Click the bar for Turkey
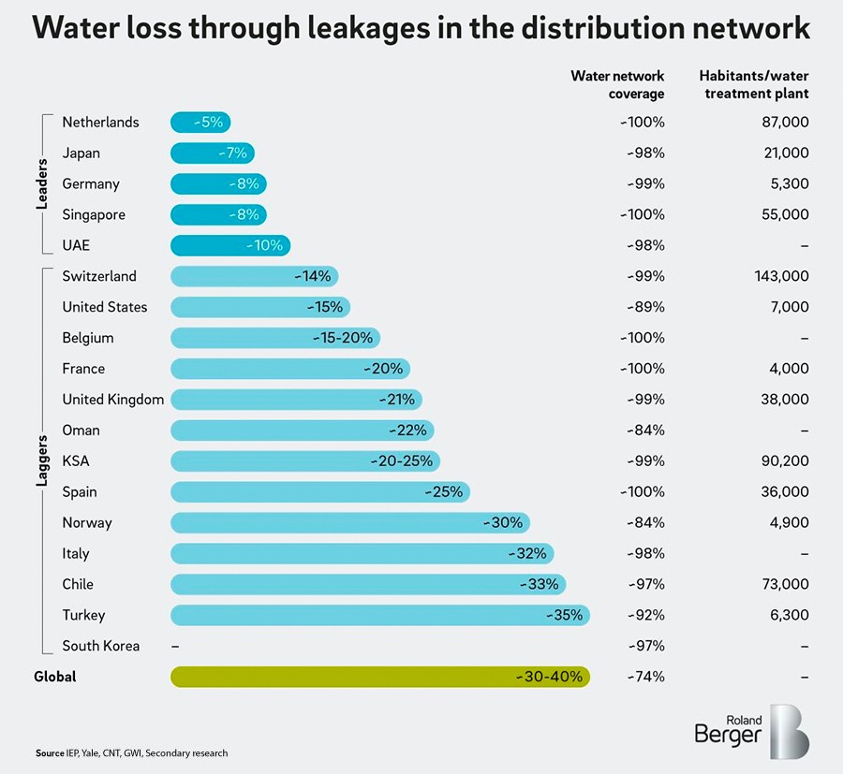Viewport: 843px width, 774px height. click(x=379, y=615)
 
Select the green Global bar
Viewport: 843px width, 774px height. click(x=379, y=677)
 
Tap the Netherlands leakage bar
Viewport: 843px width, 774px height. click(x=200, y=122)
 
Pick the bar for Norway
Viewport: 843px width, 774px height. click(x=350, y=522)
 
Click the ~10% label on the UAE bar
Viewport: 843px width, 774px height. click(x=267, y=245)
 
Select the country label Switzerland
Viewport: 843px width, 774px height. click(x=99, y=276)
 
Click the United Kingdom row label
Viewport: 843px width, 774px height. click(x=112, y=400)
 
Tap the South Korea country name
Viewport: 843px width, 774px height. click(x=101, y=646)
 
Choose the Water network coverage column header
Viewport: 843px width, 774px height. click(x=617, y=84)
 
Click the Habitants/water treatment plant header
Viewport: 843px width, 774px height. click(x=754, y=84)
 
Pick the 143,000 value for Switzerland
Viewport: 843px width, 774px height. click(x=781, y=276)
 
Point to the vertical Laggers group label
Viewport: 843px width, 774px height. click(x=42, y=461)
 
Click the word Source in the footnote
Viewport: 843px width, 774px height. click(x=50, y=753)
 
